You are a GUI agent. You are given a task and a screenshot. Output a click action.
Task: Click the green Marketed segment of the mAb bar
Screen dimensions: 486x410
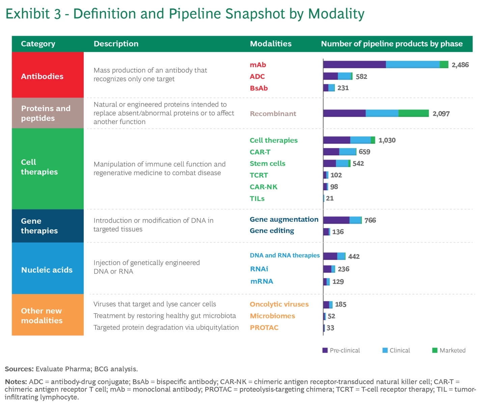444,64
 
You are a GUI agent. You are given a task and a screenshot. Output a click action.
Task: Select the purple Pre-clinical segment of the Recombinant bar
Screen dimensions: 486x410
345,113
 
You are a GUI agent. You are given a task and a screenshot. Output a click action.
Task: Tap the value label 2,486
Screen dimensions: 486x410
460,65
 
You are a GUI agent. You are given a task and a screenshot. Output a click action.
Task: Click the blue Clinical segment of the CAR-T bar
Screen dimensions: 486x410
348,152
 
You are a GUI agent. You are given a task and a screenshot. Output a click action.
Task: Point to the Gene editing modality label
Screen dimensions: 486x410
272,230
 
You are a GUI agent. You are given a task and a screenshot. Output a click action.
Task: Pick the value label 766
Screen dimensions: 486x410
370,220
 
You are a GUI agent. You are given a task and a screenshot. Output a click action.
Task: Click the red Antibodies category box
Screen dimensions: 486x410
48,75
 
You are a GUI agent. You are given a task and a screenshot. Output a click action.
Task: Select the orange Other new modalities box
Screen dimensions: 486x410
48,315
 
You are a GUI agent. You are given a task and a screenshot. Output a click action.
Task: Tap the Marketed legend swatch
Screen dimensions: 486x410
435,350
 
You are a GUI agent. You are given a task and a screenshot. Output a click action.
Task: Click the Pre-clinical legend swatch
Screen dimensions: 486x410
325,350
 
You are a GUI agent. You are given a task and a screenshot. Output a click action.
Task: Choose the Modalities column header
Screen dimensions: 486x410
271,44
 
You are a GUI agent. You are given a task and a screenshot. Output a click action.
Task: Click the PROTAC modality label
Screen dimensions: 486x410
264,328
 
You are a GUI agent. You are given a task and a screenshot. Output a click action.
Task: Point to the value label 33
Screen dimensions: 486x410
330,328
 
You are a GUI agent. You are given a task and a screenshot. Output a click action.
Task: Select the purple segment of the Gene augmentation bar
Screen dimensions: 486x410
336,220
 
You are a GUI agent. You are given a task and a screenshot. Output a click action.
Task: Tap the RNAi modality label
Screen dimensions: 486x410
259,269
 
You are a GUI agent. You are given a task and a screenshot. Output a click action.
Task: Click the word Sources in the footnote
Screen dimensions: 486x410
20,369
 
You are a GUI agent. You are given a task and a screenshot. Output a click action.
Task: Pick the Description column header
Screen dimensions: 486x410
116,44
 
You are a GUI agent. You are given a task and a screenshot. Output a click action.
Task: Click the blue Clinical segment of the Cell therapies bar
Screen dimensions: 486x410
360,140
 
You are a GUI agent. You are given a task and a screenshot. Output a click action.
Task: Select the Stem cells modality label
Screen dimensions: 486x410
267,164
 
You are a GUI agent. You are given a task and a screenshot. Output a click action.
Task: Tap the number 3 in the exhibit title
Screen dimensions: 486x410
57,14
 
